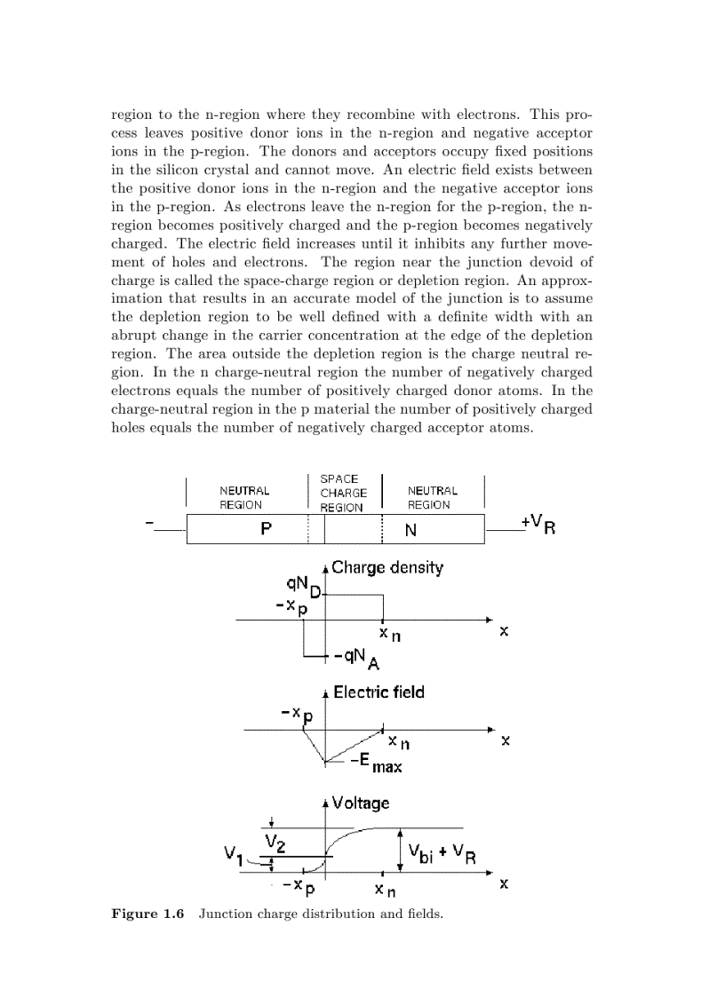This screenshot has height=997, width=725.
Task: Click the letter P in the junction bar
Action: pos(266,529)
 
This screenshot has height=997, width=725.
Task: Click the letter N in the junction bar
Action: pos(410,530)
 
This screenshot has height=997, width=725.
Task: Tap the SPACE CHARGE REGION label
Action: pos(343,494)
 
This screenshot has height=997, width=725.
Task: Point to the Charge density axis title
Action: pos(386,568)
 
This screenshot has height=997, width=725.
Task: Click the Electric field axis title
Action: pos(378,692)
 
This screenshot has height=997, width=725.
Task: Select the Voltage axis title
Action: pos(360,803)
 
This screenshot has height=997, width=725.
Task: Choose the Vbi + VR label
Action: pos(442,854)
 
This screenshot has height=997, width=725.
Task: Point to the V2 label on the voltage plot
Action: pos(275,842)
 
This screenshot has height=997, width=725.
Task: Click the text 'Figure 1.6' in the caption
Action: pos(147,914)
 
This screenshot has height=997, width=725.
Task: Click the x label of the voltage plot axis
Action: pos(504,884)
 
